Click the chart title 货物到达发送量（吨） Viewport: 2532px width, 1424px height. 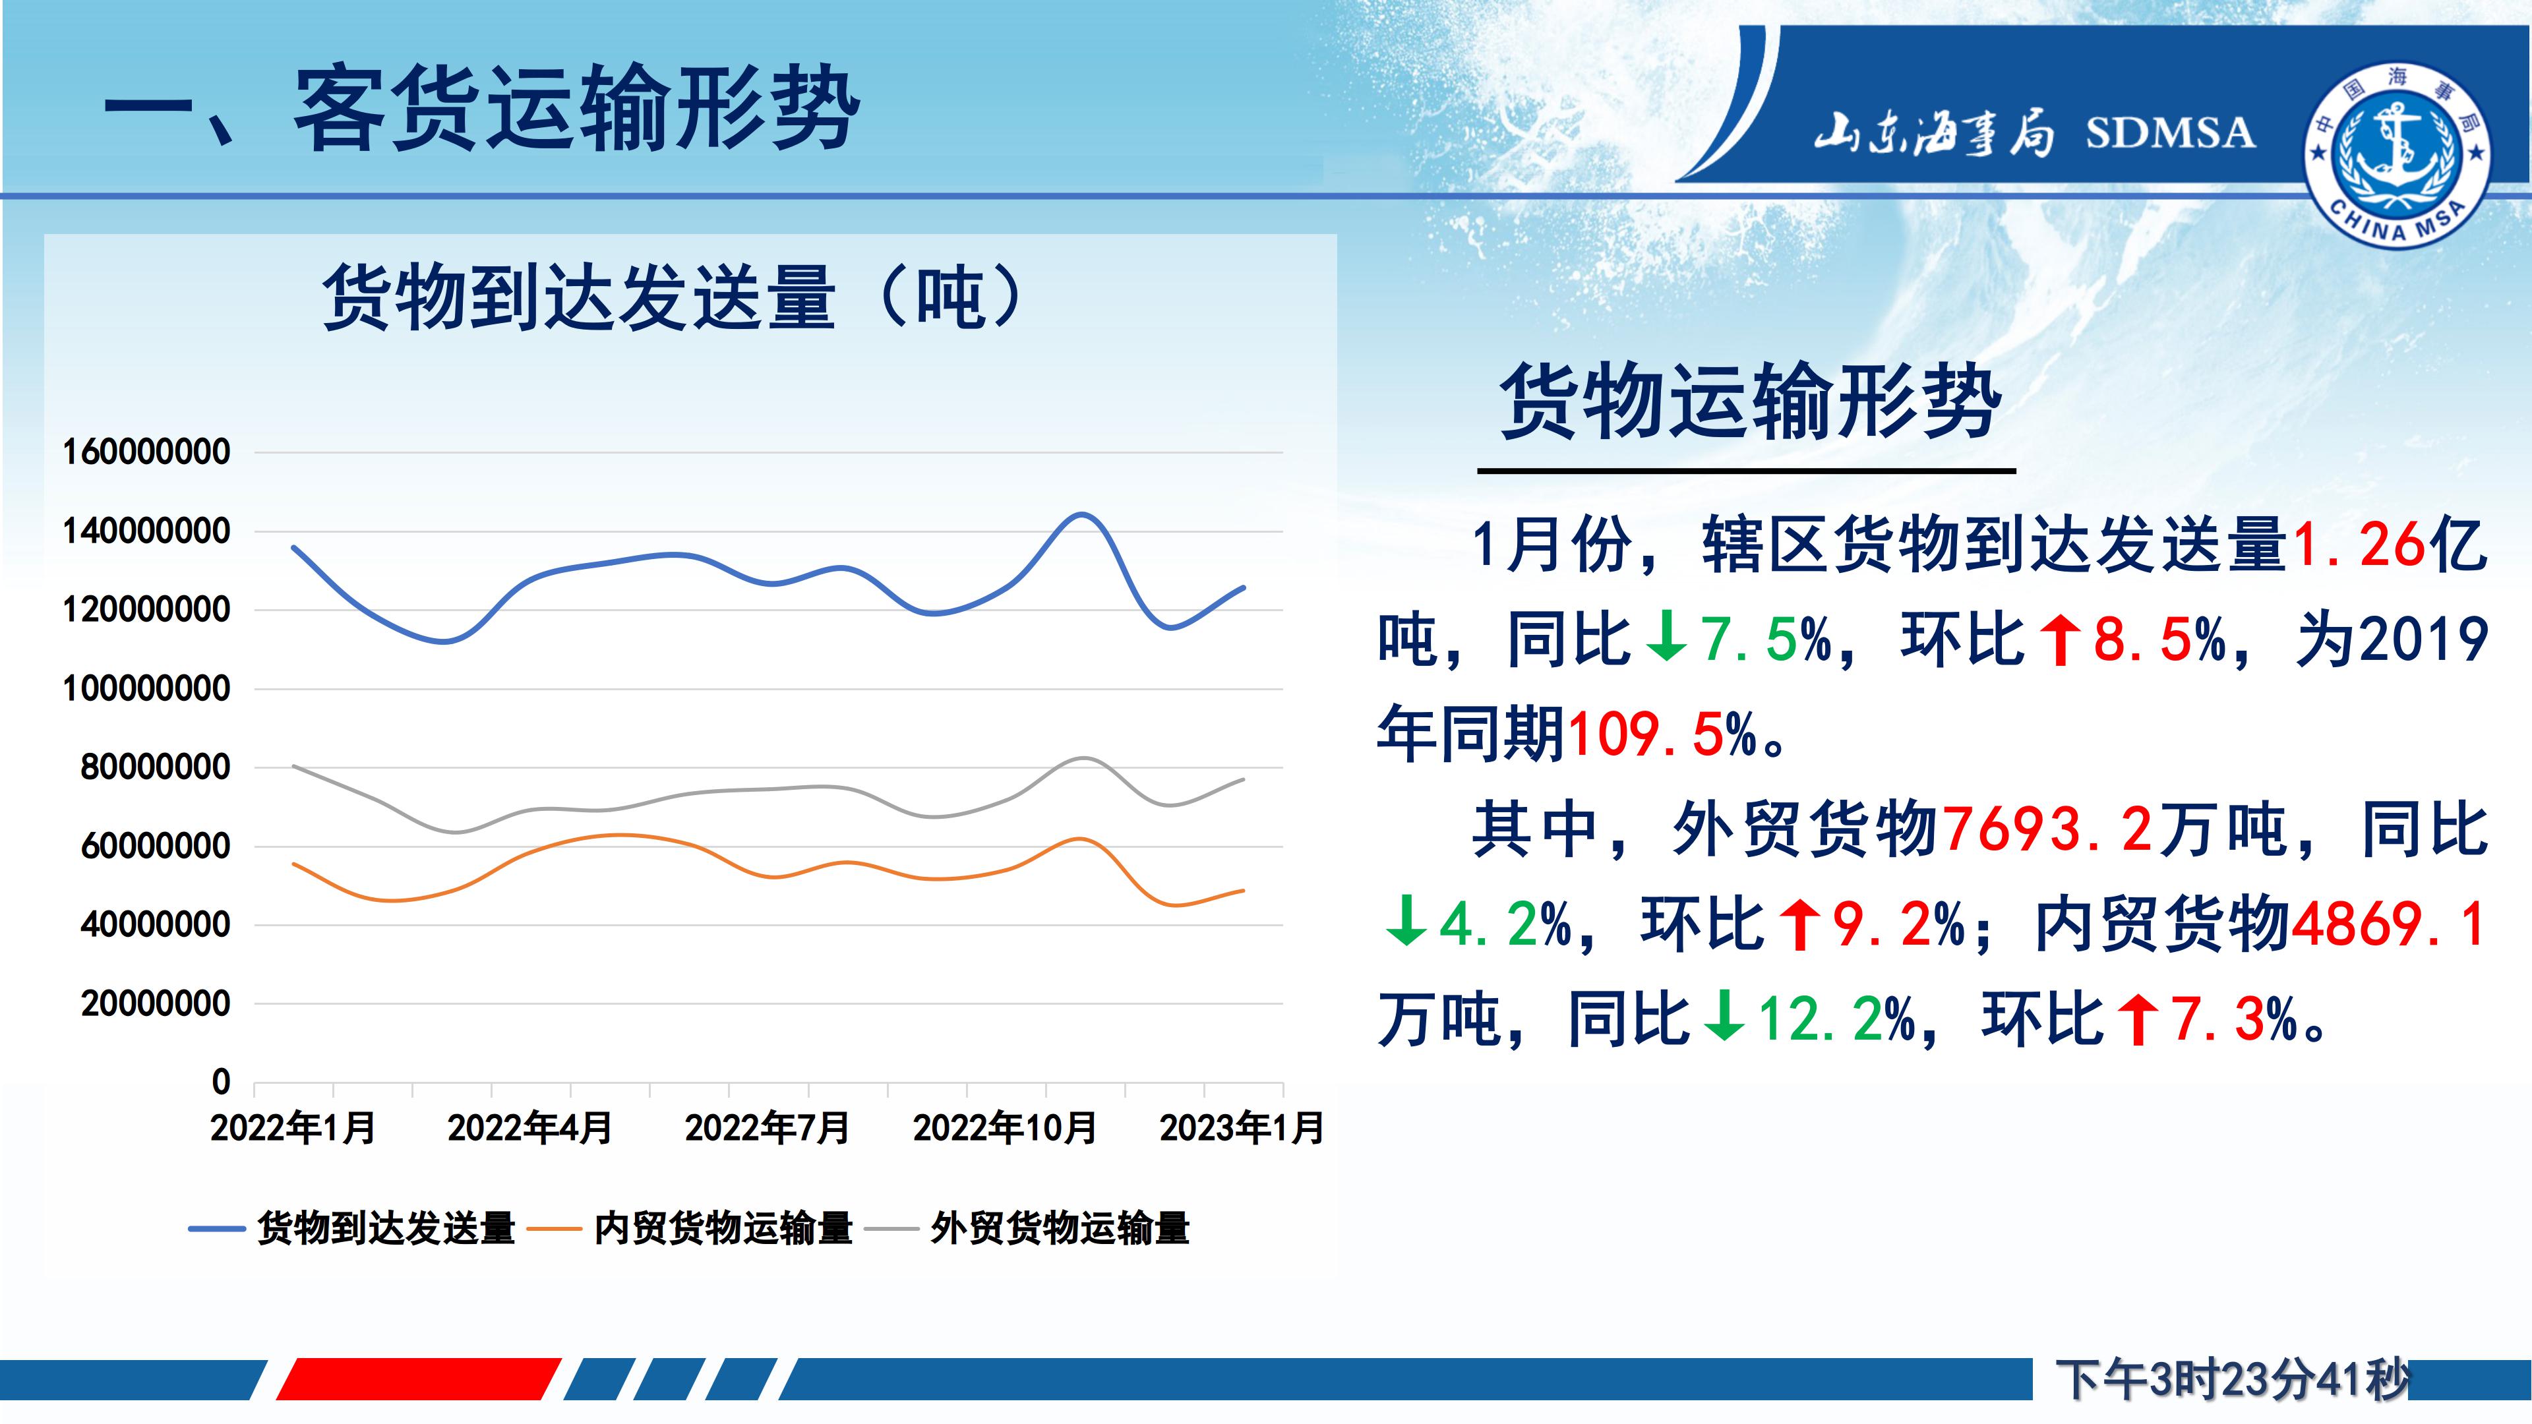click(x=675, y=297)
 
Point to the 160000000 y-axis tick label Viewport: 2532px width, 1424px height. click(x=146, y=452)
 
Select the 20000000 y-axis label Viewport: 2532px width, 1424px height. click(x=156, y=1004)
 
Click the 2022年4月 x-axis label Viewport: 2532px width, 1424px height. click(x=529, y=1128)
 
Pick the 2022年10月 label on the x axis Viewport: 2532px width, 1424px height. click(x=1004, y=1128)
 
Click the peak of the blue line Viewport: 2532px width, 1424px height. click(x=1081, y=514)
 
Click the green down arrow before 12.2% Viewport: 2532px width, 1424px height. click(x=1723, y=1019)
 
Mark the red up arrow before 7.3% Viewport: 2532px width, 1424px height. click(x=2138, y=1019)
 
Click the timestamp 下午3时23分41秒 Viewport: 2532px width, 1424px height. click(x=2232, y=1380)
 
